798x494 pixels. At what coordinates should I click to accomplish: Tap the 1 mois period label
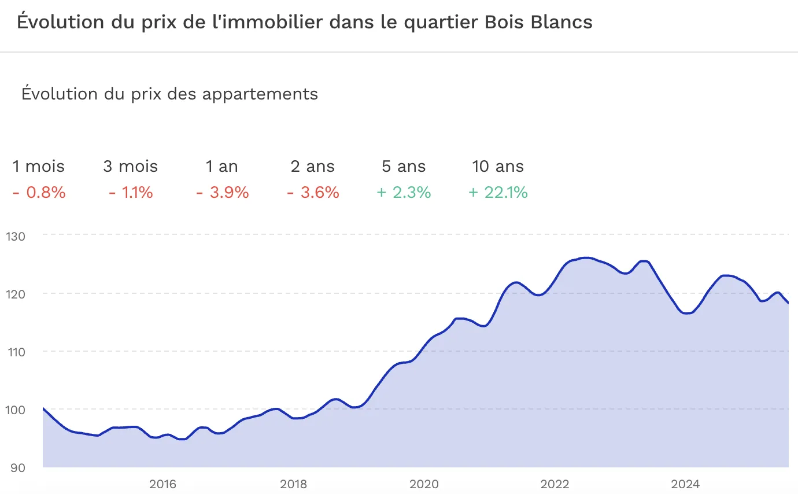pyautogui.click(x=39, y=167)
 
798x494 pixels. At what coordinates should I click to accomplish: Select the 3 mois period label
pyautogui.click(x=131, y=167)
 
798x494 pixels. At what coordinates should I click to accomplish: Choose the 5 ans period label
pyautogui.click(x=404, y=167)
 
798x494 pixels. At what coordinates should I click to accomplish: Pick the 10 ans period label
pyautogui.click(x=498, y=167)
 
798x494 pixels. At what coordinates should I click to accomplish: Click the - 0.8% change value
pyautogui.click(x=39, y=193)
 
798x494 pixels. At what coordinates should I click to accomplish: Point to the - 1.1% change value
pyautogui.click(x=131, y=193)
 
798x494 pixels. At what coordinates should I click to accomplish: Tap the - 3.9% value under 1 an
pyautogui.click(x=222, y=193)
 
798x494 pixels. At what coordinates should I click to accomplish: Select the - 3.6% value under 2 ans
pyautogui.click(x=313, y=193)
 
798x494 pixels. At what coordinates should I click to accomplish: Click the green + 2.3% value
pyautogui.click(x=404, y=193)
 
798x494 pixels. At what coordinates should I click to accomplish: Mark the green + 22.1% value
pyautogui.click(x=498, y=193)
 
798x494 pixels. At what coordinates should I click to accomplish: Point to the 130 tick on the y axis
pyautogui.click(x=17, y=236)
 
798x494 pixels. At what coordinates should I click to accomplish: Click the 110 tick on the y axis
pyautogui.click(x=17, y=352)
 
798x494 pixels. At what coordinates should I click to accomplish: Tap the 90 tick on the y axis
pyautogui.click(x=18, y=467)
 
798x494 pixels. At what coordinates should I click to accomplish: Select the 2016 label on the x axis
pyautogui.click(x=162, y=484)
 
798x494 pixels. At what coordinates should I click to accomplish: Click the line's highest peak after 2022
pyautogui.click(x=586, y=258)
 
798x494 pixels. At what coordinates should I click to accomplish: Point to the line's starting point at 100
pyautogui.click(x=44, y=409)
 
